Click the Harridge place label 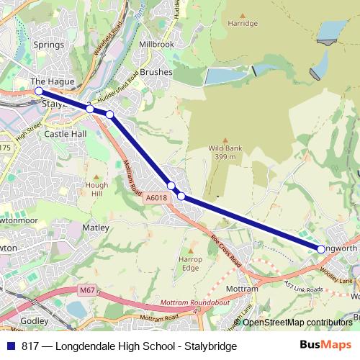pos(243,23)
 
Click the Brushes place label pos(156,73)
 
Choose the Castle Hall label pos(66,134)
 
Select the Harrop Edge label pos(190,263)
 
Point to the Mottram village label pos(242,289)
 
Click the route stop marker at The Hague pos(38,91)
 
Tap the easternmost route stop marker pos(321,249)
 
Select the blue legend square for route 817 pos(11,346)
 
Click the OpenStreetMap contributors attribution pos(297,322)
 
